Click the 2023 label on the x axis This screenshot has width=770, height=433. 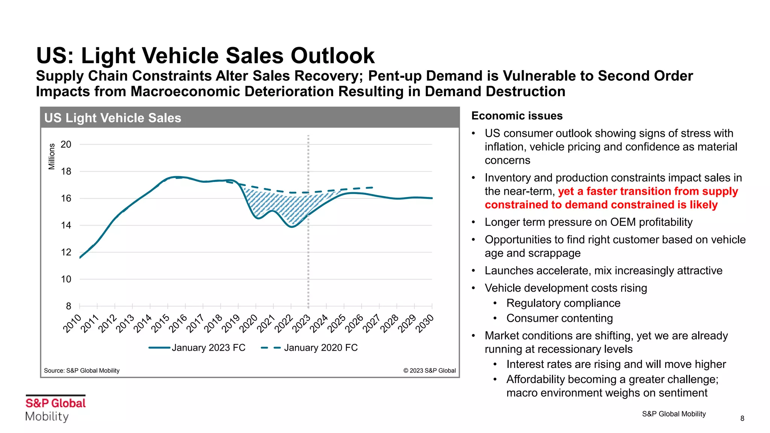[x=302, y=323]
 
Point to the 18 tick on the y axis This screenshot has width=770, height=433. [x=66, y=171]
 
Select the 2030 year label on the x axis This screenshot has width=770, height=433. [x=425, y=323]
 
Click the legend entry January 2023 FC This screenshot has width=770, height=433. [x=208, y=348]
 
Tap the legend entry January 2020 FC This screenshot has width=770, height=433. [x=320, y=348]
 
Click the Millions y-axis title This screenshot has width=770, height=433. [x=52, y=156]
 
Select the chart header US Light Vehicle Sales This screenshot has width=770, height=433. [x=113, y=118]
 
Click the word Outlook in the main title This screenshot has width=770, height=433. [x=332, y=56]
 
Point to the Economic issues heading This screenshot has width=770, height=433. [x=517, y=116]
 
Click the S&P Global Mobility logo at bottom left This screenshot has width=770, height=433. [x=55, y=409]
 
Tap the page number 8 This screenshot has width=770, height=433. [x=742, y=418]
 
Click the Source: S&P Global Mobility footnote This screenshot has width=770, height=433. [x=82, y=371]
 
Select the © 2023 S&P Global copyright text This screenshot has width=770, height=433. [x=429, y=371]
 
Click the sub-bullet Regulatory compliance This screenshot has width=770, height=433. [x=563, y=303]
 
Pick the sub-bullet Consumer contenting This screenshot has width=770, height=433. [x=559, y=318]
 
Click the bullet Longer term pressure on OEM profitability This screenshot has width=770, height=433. [x=588, y=222]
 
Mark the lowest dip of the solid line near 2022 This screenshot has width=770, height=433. [x=292, y=227]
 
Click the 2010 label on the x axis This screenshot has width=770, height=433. [x=72, y=323]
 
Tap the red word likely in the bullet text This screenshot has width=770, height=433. [x=703, y=205]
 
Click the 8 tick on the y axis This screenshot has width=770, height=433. [x=68, y=306]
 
